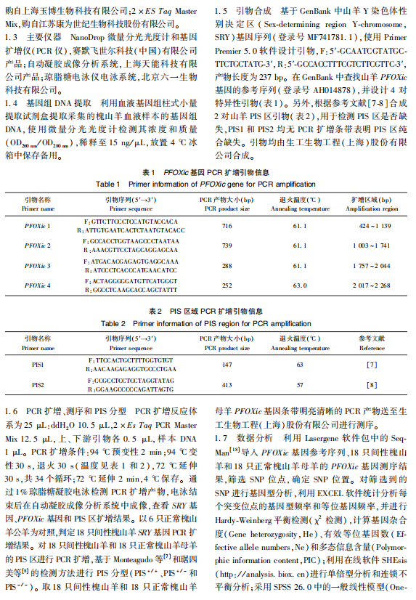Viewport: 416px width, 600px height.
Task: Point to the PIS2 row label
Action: (x=38, y=384)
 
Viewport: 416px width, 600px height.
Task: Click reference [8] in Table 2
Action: (x=371, y=384)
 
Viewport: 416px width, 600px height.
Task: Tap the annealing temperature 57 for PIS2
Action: (x=298, y=384)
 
